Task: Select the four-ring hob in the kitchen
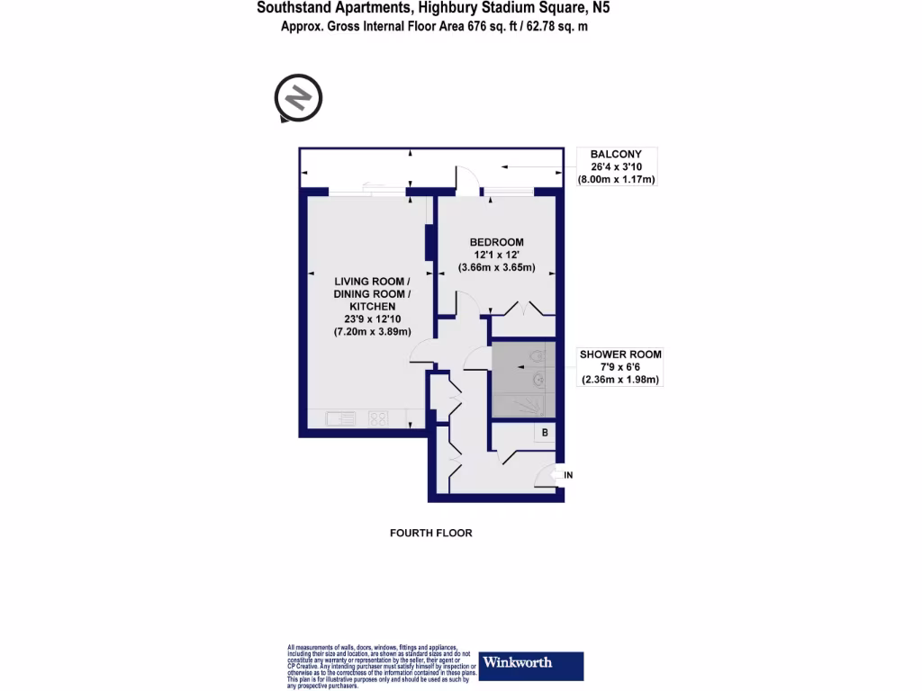(x=378, y=417)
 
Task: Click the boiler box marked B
(x=545, y=433)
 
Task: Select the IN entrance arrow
(x=568, y=474)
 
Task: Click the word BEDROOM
(x=497, y=242)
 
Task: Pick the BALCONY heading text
(x=616, y=154)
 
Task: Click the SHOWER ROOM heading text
(x=619, y=354)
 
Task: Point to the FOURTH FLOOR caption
(x=430, y=533)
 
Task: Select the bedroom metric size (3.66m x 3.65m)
(x=497, y=267)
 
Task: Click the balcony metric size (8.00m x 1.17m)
(x=617, y=179)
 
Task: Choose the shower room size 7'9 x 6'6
(x=619, y=367)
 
